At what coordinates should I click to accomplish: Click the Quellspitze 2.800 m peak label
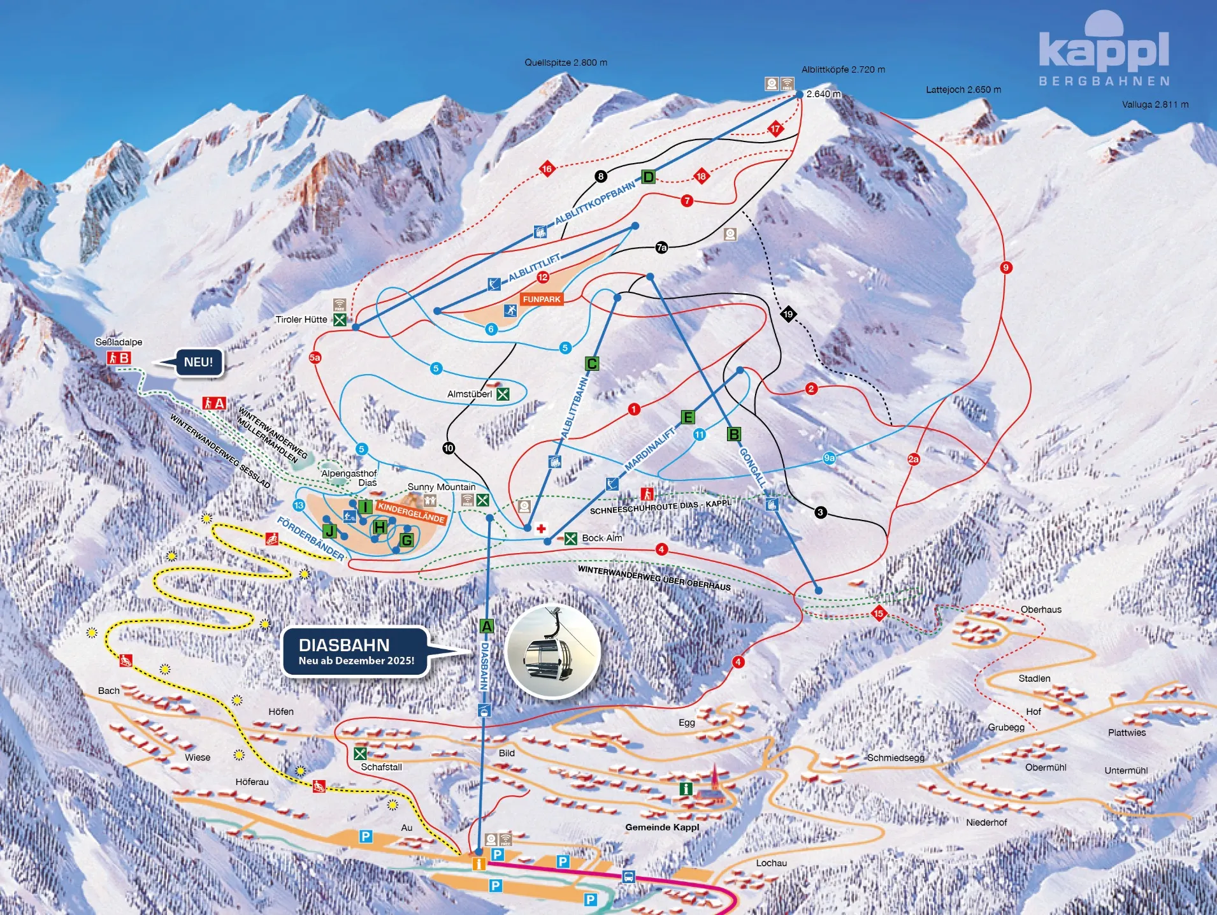[565, 62]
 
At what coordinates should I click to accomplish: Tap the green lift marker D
[648, 177]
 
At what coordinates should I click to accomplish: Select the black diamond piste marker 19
[788, 313]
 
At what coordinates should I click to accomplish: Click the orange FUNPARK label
[541, 299]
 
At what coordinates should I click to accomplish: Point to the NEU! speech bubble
[198, 362]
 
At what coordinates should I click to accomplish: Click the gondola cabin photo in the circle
[552, 652]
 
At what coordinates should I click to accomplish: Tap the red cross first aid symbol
[541, 528]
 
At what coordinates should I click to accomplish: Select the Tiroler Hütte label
[301, 319]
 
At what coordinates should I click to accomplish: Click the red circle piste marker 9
[1005, 267]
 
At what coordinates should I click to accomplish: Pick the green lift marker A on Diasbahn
[486, 626]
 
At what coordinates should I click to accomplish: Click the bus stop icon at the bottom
[628, 877]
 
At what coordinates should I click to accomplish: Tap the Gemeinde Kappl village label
[661, 827]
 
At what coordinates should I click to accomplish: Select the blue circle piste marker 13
[299, 505]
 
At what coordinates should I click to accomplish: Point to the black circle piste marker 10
[449, 448]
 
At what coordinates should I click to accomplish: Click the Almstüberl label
[469, 394]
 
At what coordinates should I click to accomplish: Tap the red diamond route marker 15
[878, 613]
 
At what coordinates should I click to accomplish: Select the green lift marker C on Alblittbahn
[591, 364]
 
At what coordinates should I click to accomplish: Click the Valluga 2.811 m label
[1155, 104]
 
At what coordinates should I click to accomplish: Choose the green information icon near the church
[686, 789]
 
